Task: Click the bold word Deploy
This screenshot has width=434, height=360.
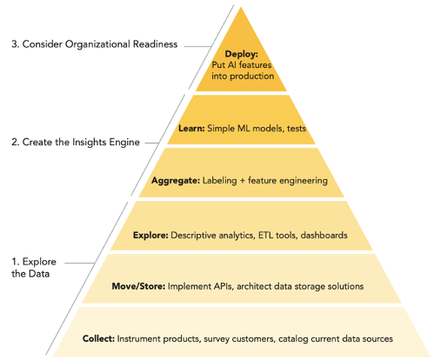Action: click(241, 54)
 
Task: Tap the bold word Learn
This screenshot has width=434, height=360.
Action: click(191, 128)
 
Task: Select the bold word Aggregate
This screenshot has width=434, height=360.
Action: click(176, 181)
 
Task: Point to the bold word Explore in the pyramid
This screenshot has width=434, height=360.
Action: click(150, 235)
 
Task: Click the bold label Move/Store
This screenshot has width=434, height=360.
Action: click(138, 286)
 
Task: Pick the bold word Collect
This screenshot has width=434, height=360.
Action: click(98, 338)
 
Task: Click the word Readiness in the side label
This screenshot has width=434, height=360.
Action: click(155, 44)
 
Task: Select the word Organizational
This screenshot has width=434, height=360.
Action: click(97, 44)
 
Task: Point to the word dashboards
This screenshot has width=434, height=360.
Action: click(324, 235)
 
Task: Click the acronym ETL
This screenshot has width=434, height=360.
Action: click(266, 235)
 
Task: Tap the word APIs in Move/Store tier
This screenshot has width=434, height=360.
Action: click(224, 286)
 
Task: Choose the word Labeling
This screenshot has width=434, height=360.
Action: click(219, 181)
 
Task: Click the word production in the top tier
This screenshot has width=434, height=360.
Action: click(251, 77)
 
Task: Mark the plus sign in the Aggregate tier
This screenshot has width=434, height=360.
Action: click(243, 181)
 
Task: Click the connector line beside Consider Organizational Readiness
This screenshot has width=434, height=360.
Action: click(198, 46)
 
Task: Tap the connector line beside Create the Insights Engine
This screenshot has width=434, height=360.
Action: click(151, 143)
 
